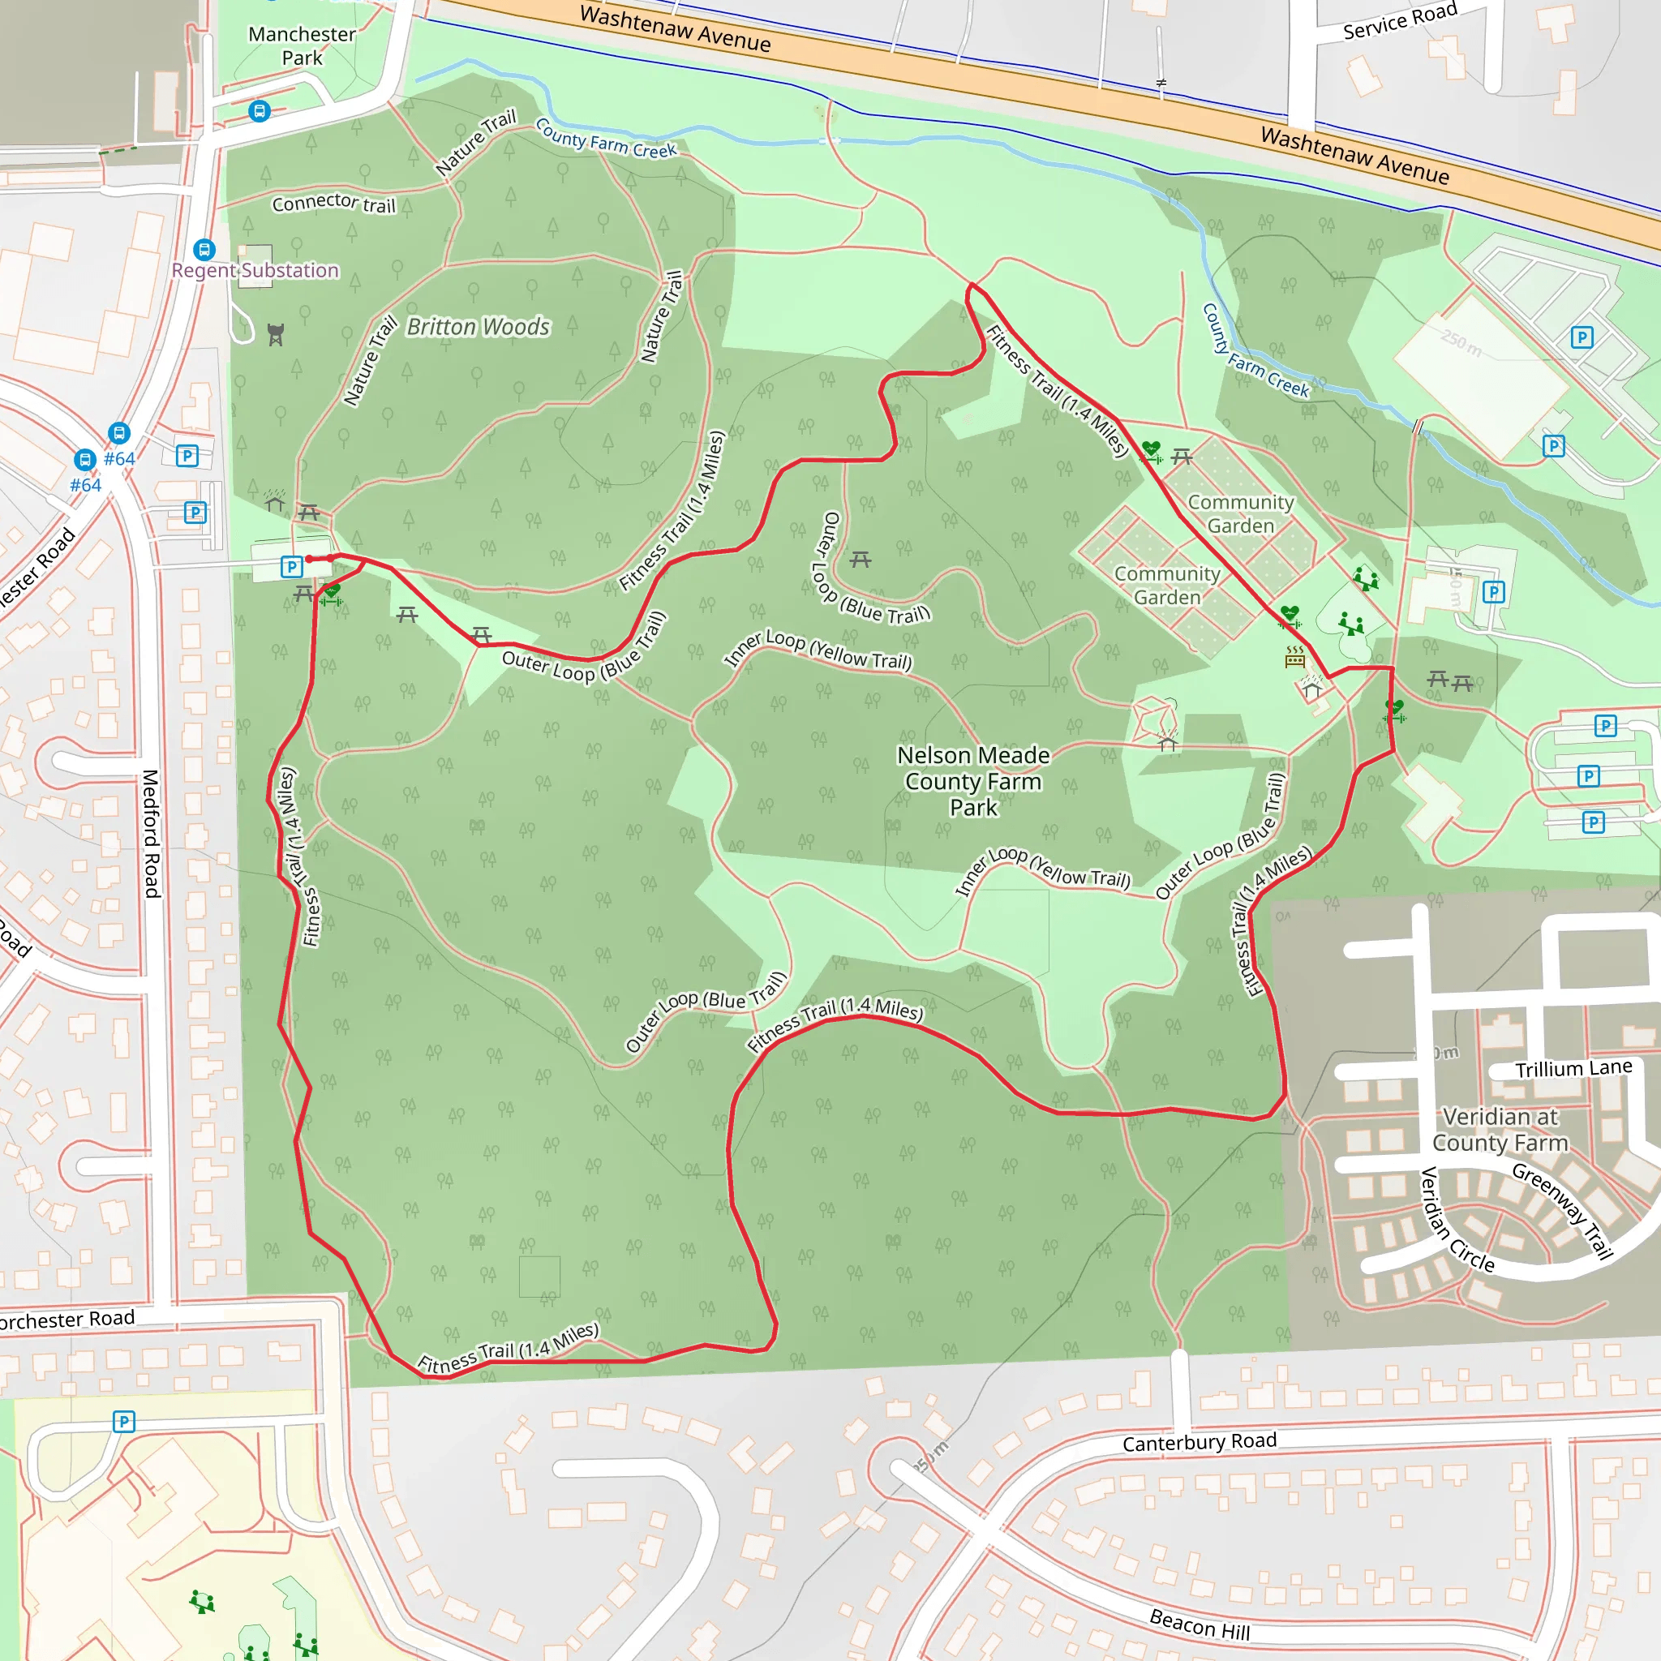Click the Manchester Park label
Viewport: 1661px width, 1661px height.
[x=301, y=45]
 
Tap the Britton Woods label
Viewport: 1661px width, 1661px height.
[x=478, y=328]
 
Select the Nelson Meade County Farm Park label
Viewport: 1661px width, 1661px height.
[x=973, y=782]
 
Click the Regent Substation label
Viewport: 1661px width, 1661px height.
[x=255, y=271]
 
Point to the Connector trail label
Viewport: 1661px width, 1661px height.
[x=333, y=203]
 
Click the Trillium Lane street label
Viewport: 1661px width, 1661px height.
[x=1573, y=1069]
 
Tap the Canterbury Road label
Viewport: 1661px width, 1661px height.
[x=1200, y=1442]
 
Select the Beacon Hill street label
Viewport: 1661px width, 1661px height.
[x=1200, y=1625]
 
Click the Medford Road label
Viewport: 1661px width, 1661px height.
[x=152, y=834]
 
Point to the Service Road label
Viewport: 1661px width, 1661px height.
[x=1400, y=20]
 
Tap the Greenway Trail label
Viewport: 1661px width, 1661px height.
[x=1562, y=1212]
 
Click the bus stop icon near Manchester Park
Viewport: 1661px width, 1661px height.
[x=259, y=111]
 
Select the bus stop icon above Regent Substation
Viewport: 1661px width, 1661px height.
[x=204, y=249]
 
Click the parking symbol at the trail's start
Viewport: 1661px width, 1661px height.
[x=291, y=567]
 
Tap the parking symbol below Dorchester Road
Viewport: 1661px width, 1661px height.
[x=124, y=1422]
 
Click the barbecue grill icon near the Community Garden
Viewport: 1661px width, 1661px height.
[x=1294, y=658]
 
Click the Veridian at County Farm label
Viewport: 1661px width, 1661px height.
[x=1500, y=1130]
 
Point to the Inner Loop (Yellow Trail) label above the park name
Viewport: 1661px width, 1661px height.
[x=818, y=650]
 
